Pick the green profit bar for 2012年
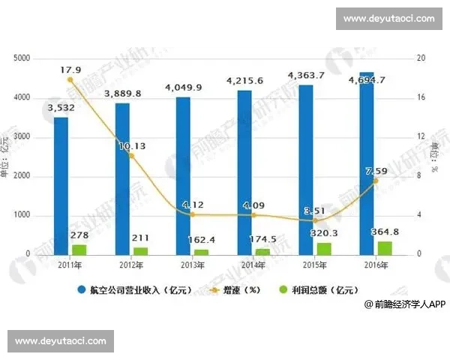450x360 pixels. click(x=140, y=250)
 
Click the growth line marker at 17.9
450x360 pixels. click(x=70, y=79)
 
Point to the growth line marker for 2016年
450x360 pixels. click(x=376, y=181)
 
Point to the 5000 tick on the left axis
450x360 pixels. click(x=22, y=58)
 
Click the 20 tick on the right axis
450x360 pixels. click(x=421, y=58)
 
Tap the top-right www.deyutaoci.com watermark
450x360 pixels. click(x=388, y=17)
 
